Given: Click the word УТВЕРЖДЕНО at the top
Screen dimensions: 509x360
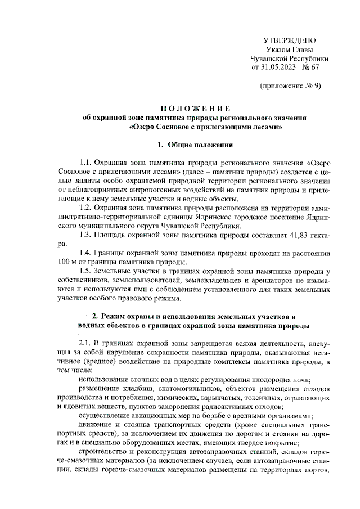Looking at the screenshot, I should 290,40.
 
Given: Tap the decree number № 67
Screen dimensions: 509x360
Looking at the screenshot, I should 310,67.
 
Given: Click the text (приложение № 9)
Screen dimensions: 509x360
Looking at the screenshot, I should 290,86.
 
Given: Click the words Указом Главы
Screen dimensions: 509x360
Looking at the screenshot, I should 290,49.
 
